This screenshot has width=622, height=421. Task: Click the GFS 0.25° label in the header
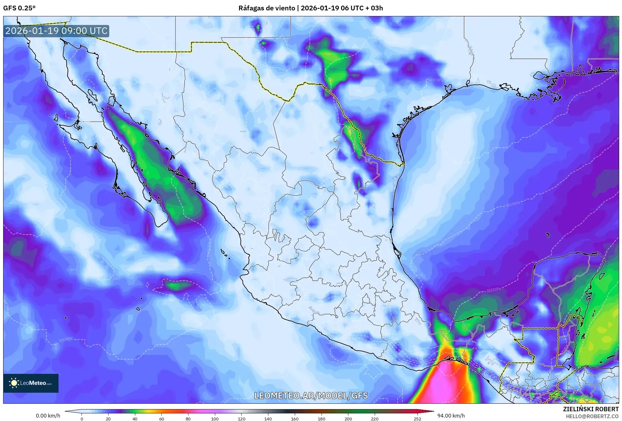point(19,8)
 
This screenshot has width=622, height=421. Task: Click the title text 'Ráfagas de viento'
point(266,8)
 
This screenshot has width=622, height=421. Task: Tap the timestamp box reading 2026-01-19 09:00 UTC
point(56,31)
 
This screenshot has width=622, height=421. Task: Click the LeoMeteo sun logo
point(14,383)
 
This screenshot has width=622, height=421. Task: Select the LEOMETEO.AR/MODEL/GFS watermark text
point(311,396)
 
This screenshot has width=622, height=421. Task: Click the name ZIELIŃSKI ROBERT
point(591,409)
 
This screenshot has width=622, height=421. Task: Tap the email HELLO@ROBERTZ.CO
point(592,416)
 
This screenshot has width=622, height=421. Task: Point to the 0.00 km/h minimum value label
point(48,416)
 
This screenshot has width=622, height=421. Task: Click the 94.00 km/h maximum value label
point(451,416)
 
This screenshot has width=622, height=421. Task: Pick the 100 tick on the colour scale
point(215,418)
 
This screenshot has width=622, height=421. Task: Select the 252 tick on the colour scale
point(417,418)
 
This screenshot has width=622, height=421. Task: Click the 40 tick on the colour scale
point(135,418)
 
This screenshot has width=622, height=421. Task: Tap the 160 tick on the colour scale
point(294,418)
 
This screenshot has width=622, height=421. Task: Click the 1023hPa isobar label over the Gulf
point(513,204)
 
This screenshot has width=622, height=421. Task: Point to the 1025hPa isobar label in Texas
point(436,80)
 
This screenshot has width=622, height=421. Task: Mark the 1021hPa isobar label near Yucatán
point(493,290)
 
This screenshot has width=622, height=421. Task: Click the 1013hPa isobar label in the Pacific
point(65,340)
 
